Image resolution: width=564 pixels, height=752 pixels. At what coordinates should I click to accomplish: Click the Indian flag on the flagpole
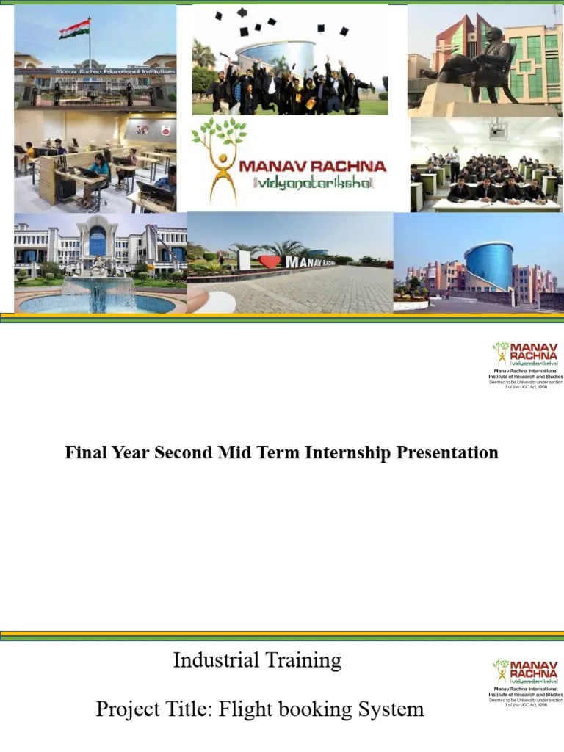click(x=75, y=29)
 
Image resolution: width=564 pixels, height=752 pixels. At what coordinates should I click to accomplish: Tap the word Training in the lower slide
click(x=305, y=661)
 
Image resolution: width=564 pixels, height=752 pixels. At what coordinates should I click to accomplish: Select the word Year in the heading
click(x=129, y=452)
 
